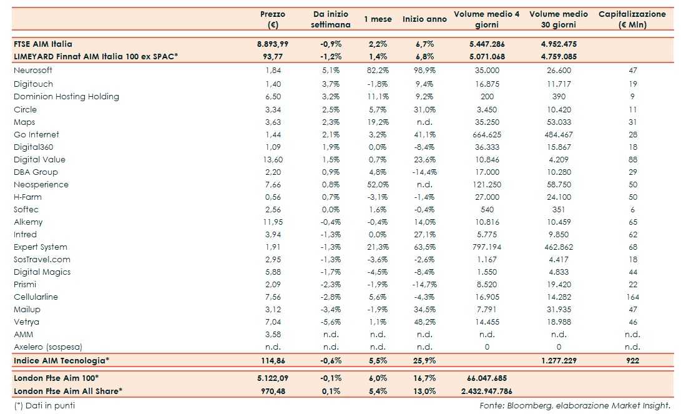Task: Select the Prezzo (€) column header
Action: [x=272, y=19]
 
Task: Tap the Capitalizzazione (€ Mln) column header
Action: [x=632, y=19]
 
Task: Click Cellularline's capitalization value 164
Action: [x=632, y=297]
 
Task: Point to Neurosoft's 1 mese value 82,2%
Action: [x=377, y=71]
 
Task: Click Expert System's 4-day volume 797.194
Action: [x=487, y=247]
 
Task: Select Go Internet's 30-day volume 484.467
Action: [x=559, y=134]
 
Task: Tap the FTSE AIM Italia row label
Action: [x=43, y=44]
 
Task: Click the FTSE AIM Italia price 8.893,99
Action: [x=272, y=44]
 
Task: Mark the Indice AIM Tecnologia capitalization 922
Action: [x=632, y=360]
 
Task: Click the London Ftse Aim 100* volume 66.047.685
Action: [x=487, y=378]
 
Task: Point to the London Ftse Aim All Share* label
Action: [x=68, y=391]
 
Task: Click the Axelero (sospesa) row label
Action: [x=47, y=347]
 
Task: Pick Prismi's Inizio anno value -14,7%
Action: [x=424, y=284]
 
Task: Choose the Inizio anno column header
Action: [x=424, y=19]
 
